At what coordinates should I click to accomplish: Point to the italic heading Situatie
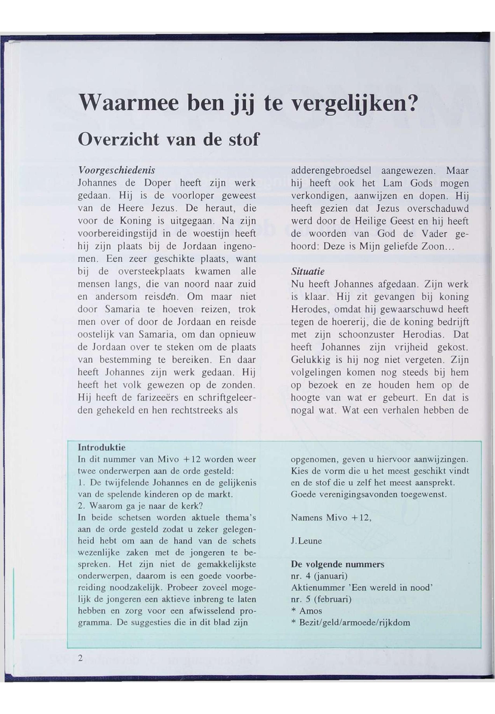(307, 272)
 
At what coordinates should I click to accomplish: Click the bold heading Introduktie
(101, 448)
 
